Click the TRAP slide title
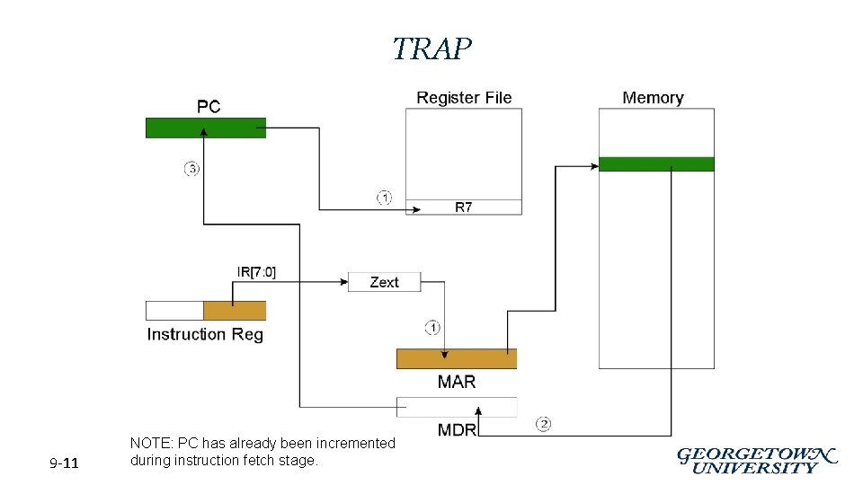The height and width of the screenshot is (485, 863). coord(431,48)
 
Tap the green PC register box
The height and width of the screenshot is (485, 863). coord(206,128)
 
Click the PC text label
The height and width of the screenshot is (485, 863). coord(209,107)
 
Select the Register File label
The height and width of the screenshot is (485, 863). coord(464,98)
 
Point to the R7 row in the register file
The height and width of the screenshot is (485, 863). coord(463,207)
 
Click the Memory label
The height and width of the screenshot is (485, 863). coord(653,98)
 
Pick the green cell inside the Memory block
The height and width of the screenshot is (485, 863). coord(656,164)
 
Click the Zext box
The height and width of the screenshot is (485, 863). coord(384,282)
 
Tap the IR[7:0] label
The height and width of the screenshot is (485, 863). coord(256,272)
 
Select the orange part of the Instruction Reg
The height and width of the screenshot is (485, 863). coord(235,311)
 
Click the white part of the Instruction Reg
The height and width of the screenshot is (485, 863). coord(174,311)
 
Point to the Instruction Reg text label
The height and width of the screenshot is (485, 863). coord(205,334)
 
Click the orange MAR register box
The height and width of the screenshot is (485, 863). coord(457,359)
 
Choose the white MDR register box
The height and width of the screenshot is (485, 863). coord(457,407)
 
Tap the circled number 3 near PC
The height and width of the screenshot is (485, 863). coord(191,169)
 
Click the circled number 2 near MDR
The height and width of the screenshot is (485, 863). coord(543,424)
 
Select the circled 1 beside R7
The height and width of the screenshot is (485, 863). coord(384,198)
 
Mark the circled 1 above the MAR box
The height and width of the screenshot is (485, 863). coord(432,327)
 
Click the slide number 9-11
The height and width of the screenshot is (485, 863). coord(64,463)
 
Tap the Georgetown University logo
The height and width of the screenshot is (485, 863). coord(756,460)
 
